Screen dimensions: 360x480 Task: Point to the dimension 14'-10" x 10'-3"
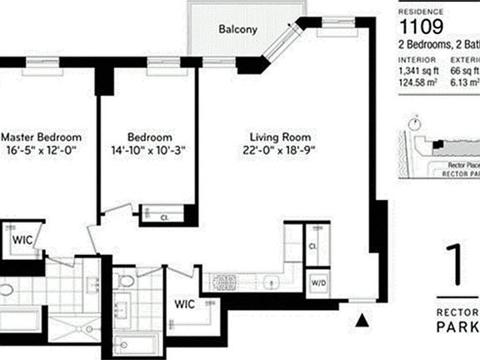(149, 151)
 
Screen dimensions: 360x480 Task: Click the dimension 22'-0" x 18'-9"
(282, 151)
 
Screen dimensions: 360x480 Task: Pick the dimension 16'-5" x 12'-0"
(41, 151)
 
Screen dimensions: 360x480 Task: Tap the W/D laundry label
(318, 281)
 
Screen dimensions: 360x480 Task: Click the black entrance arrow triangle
(362, 318)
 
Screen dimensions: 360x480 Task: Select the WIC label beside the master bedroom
(22, 239)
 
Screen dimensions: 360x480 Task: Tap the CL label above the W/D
(312, 247)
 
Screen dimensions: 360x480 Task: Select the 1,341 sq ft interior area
(417, 72)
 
